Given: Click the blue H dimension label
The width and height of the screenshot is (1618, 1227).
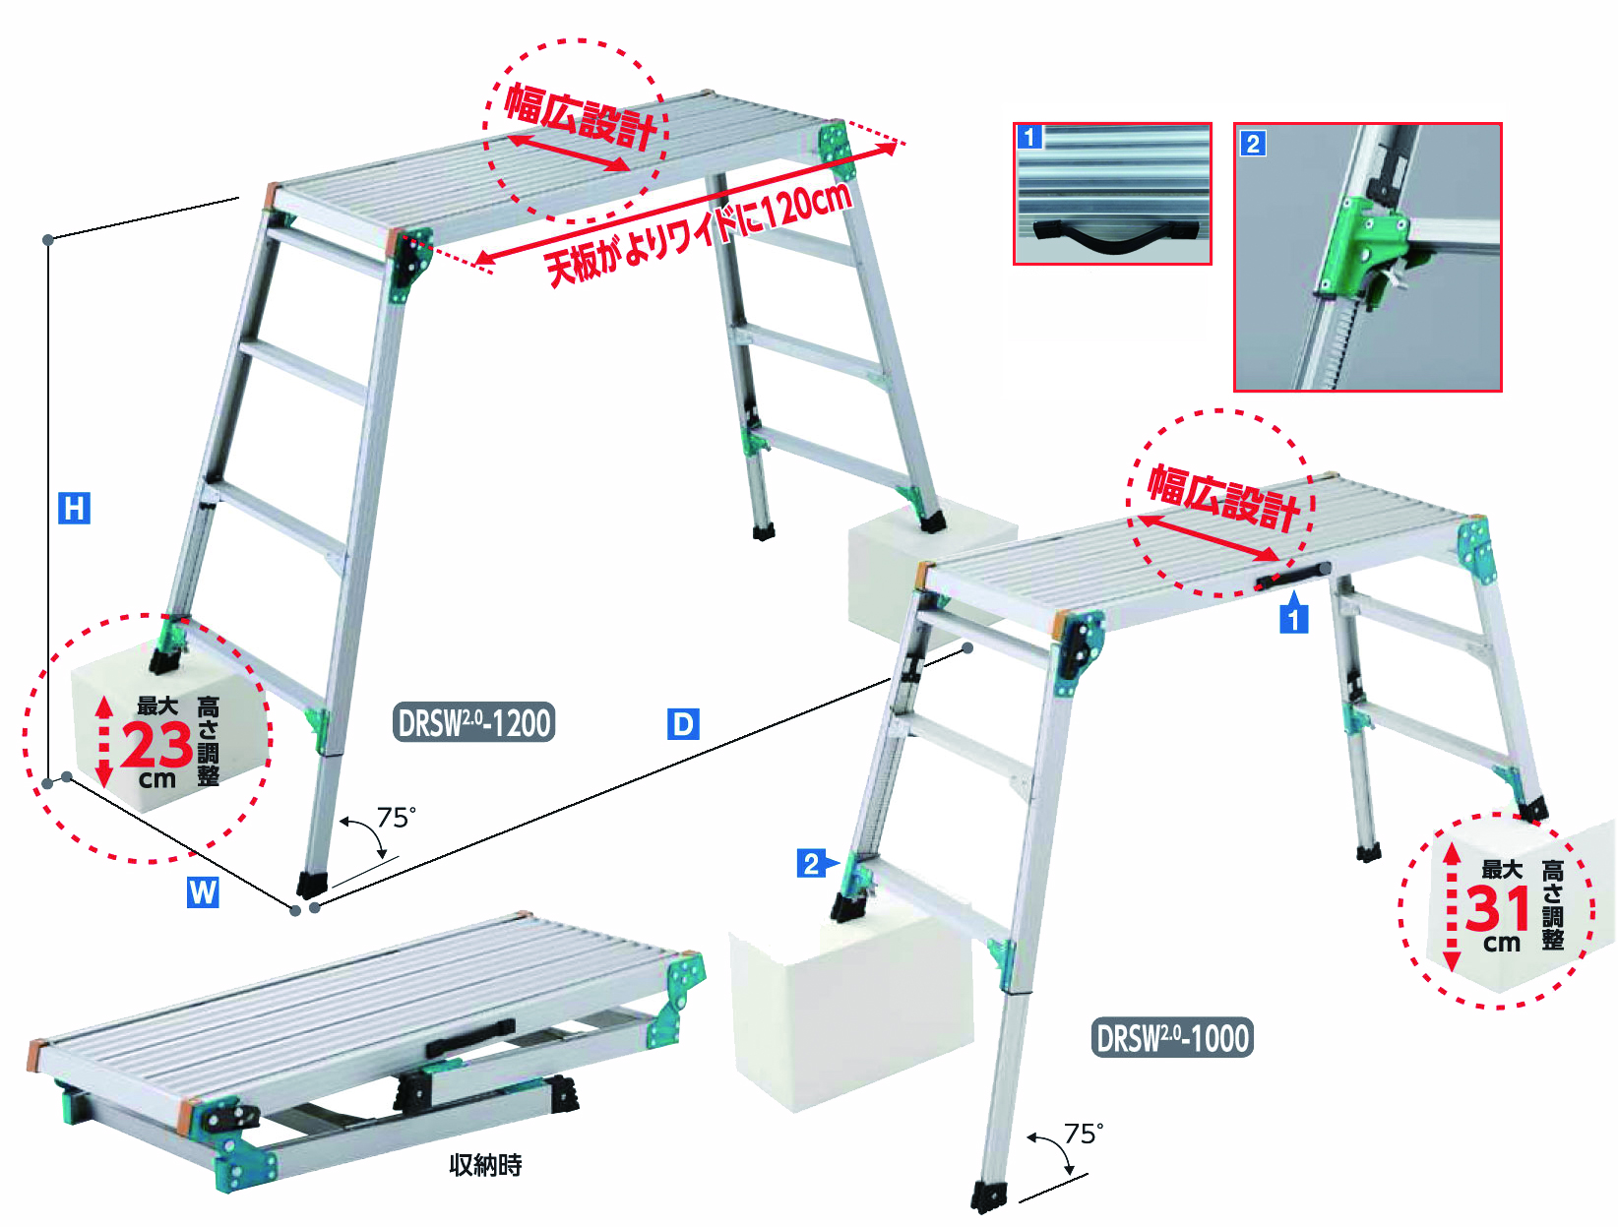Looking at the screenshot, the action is click(x=74, y=509).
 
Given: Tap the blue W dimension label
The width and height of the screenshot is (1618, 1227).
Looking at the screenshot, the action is click(x=203, y=892).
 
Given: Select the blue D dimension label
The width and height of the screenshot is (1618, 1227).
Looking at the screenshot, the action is click(x=683, y=723).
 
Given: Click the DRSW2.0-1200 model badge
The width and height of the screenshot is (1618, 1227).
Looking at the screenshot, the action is click(x=474, y=722).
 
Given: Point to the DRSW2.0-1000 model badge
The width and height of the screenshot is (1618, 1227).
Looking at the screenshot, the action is click(x=1172, y=1038).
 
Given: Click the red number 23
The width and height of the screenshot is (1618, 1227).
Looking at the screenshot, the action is click(x=156, y=745).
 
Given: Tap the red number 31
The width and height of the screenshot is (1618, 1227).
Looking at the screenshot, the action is click(x=1498, y=908).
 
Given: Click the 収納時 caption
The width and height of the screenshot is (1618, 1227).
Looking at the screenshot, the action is click(x=486, y=1164).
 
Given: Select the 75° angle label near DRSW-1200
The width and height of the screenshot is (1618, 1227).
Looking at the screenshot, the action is click(x=397, y=818).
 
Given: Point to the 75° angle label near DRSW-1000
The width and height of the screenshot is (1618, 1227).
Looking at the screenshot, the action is click(x=1084, y=1134).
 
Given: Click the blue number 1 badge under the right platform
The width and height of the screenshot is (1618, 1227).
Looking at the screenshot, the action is click(x=1293, y=618).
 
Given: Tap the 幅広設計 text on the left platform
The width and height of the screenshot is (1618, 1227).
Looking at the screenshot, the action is click(x=580, y=116).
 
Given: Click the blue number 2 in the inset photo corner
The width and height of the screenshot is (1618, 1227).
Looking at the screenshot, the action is click(x=1253, y=143).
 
